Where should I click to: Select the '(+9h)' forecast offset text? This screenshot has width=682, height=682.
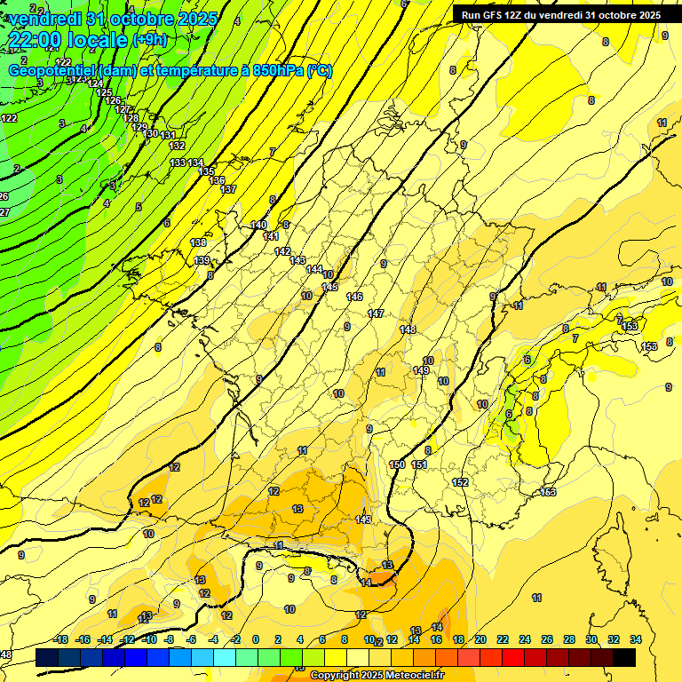pos(148,39)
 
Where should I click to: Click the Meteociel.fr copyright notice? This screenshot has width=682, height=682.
pos(377,676)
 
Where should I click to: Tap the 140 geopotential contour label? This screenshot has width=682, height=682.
pos(258,225)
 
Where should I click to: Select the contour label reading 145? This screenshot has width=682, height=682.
pos(330,287)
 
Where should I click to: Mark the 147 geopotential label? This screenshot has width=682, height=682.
pos(376,313)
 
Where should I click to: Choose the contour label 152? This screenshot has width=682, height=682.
pos(460,482)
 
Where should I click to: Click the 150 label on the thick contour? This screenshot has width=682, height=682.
pos(397,464)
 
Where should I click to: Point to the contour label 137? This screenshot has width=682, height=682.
pos(228,190)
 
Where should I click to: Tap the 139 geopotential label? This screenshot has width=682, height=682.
pos(202,260)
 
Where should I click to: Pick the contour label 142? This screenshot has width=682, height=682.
pos(282,251)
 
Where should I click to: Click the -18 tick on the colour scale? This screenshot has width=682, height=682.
pos(60,639)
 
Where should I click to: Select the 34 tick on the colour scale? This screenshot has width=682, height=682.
pos(635,639)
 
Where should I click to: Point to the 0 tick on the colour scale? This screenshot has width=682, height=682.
pos(256,639)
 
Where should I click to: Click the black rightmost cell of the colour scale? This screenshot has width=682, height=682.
pos(624,657)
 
